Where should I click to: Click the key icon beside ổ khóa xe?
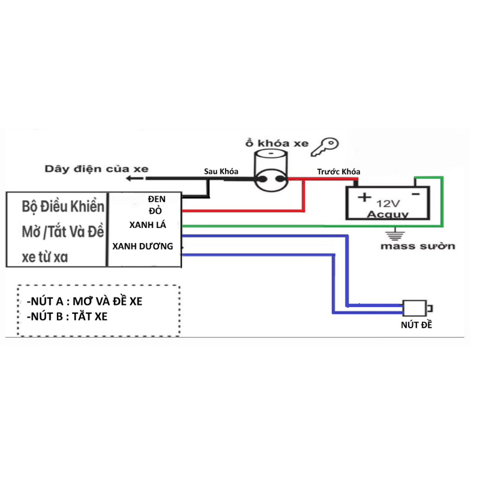click(325, 146)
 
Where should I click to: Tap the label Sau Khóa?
click(221, 172)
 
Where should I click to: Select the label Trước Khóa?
click(338, 172)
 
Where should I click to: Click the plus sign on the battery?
click(364, 197)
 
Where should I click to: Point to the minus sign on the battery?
click(416, 194)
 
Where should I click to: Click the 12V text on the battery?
click(388, 203)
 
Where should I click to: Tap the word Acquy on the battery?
click(388, 214)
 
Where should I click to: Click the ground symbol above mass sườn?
click(395, 234)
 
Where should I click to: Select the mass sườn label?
click(418, 246)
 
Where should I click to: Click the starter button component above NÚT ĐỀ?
click(418, 308)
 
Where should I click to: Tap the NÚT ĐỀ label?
click(416, 325)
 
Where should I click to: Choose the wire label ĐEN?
click(157, 199)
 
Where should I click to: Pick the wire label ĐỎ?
click(155, 211)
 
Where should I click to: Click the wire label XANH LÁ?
click(148, 225)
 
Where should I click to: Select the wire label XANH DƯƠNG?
click(143, 246)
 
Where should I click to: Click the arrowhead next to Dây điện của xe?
click(131, 178)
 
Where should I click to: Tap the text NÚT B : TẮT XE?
click(67, 317)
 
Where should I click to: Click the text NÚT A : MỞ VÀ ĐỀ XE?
click(85, 302)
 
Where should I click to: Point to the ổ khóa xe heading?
click(277, 143)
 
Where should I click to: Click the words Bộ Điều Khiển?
click(63, 206)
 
